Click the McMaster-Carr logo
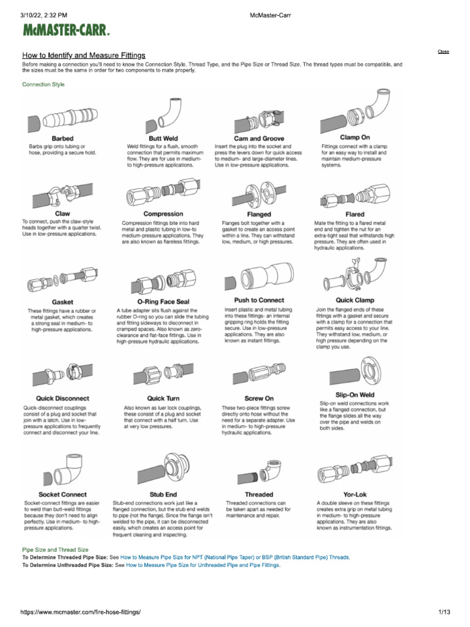click(67, 30)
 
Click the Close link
click(443, 51)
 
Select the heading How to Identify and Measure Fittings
click(84, 55)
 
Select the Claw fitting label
click(62, 214)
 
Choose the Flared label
click(354, 214)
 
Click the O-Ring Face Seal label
click(163, 302)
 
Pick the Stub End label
click(163, 494)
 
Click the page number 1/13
click(444, 612)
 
